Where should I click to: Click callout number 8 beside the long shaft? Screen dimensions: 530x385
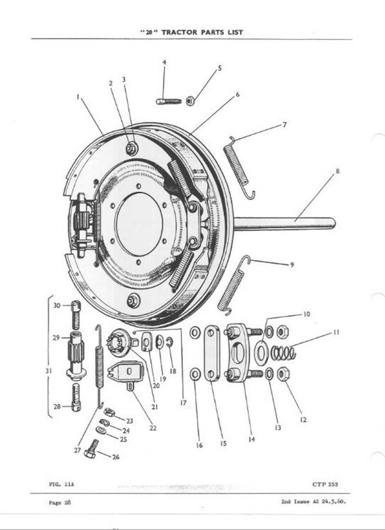coord(337,171)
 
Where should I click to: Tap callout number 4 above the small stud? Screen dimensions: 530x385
coord(164,62)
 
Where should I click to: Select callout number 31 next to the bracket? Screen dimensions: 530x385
coord(50,371)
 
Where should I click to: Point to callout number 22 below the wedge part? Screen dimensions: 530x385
coord(153,428)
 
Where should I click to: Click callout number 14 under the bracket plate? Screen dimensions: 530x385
coord(252,440)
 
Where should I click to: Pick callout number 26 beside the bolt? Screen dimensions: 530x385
coord(116,457)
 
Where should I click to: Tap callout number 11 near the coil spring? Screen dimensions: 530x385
coord(336,332)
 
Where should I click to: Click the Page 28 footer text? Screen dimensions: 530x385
coord(58,502)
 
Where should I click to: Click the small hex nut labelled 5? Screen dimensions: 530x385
coord(191,100)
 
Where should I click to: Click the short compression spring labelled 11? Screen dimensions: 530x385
coord(283,352)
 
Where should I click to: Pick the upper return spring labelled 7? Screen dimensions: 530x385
coord(239,166)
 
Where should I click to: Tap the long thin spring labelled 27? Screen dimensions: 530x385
coord(99,366)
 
